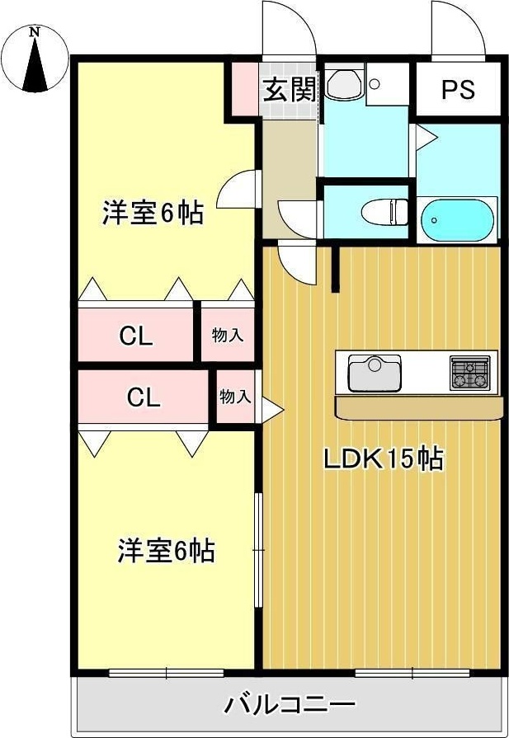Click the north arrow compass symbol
coord(35,59)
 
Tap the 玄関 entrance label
coord(289,89)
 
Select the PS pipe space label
coord(458,89)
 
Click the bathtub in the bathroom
coord(457,220)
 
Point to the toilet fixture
coord(384,212)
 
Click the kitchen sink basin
coord(375,374)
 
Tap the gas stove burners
coord(469,373)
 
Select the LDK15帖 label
coord(383,459)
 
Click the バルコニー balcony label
coord(289,704)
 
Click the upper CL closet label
coord(136,336)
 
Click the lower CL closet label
coord(144,397)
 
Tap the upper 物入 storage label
coord(228,336)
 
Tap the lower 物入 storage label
coord(235,397)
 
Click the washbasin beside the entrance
coord(345,84)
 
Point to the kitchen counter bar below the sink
coord(418,407)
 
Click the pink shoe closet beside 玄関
coord(246,88)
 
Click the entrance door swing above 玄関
coord(289,29)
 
